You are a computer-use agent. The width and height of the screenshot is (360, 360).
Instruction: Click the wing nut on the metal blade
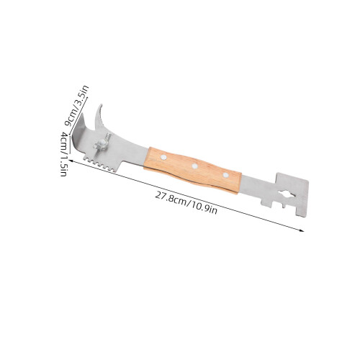point(102,143)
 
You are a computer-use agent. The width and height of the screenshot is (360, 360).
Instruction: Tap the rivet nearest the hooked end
point(163,157)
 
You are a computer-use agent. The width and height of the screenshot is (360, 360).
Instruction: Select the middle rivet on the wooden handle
point(194,166)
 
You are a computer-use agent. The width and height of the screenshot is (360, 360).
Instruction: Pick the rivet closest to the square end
point(225,175)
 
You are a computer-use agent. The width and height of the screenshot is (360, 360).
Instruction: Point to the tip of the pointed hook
point(101,104)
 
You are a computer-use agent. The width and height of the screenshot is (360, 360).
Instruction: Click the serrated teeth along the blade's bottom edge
point(99,164)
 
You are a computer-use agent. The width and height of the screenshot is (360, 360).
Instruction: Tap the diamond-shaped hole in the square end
point(287,194)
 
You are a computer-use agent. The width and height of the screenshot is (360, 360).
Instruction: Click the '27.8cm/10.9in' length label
point(186,202)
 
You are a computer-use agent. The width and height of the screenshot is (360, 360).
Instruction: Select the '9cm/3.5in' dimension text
point(77,106)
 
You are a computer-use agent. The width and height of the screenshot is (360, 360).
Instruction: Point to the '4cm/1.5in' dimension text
point(63,154)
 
